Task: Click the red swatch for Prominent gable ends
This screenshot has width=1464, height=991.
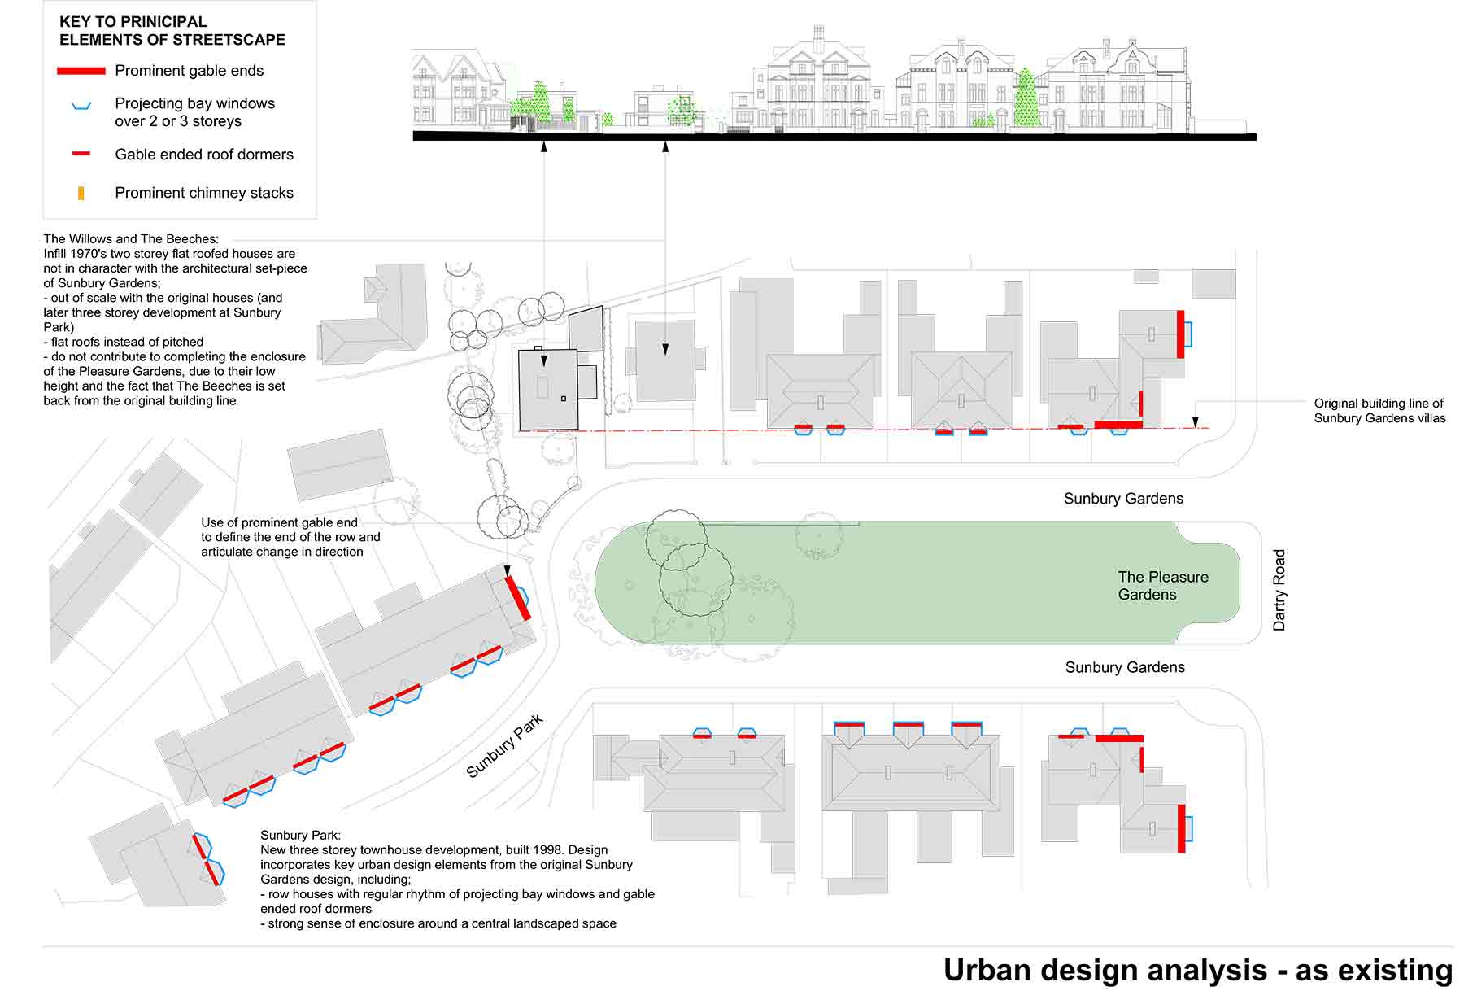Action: (81, 71)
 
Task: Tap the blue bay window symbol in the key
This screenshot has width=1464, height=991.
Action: (81, 106)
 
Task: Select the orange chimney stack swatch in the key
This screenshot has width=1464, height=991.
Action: (81, 194)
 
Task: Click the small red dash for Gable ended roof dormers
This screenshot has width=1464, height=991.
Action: (81, 154)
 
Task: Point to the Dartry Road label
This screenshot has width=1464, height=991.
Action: (1279, 590)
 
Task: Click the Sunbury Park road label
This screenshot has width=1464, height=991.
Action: (504, 746)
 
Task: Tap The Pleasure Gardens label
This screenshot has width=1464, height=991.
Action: (1162, 586)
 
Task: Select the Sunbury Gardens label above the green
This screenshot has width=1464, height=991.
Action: (1123, 499)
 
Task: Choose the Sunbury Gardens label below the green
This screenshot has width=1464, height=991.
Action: (1125, 667)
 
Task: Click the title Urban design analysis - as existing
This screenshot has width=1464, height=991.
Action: (1197, 970)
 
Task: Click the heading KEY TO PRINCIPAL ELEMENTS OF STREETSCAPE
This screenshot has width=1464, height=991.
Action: (172, 30)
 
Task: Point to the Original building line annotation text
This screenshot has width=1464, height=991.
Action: (1379, 411)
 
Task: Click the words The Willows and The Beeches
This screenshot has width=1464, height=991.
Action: (131, 239)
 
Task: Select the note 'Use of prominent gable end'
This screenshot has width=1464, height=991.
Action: (279, 522)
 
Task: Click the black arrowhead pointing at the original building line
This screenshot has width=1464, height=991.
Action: (1195, 422)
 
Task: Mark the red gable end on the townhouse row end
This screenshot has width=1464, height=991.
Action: (517, 598)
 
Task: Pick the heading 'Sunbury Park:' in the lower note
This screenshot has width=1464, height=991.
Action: (300, 835)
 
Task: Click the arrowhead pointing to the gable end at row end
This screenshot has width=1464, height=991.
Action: (507, 570)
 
